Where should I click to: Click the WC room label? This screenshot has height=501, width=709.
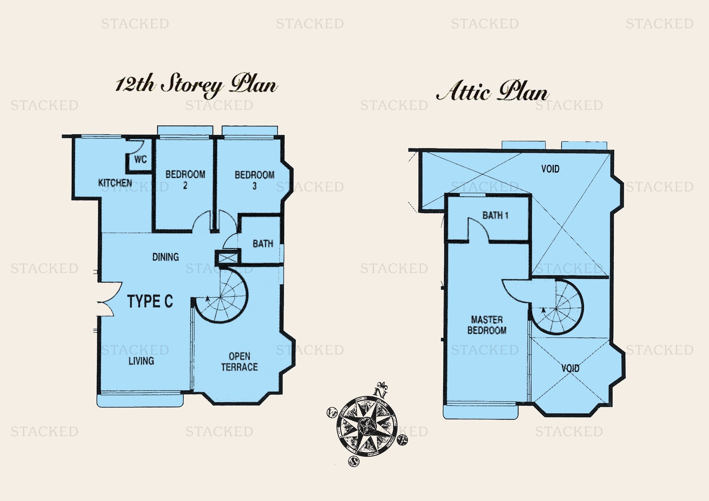(x=141, y=160)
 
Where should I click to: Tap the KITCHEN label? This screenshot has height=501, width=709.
(x=115, y=183)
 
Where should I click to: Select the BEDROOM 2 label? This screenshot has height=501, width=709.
(x=185, y=180)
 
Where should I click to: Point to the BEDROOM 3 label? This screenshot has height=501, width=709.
(x=254, y=180)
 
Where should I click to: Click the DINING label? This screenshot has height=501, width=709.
(x=166, y=257)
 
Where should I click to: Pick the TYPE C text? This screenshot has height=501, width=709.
(x=150, y=301)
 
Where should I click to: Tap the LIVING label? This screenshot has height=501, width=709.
(x=141, y=361)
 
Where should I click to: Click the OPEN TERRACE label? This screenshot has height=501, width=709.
(x=239, y=362)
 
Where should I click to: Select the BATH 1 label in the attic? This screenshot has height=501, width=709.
(x=495, y=215)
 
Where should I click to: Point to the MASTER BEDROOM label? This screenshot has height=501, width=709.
(x=487, y=325)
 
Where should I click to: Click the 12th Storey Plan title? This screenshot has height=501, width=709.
(x=196, y=85)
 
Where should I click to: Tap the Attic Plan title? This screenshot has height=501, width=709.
(x=492, y=91)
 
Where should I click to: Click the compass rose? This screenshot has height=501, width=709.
(x=367, y=426)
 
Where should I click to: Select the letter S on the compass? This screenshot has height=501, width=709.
(x=354, y=462)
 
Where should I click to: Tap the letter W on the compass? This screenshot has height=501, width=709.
(x=332, y=412)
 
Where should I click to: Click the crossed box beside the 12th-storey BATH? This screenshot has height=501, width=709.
(x=228, y=257)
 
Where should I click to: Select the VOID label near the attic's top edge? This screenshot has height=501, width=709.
(x=550, y=169)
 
